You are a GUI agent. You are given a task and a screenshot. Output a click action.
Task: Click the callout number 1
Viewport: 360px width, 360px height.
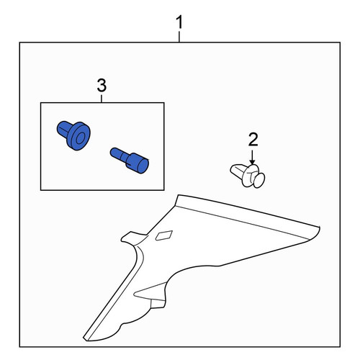coord(179,22)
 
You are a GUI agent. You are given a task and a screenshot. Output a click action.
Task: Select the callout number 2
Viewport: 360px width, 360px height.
coord(253,140)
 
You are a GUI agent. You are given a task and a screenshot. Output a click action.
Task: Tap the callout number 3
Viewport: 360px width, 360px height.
coord(102,86)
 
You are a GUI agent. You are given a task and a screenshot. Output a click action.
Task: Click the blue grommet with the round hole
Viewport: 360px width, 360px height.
coord(73,135)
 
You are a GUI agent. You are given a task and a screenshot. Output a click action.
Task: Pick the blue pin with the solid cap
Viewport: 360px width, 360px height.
coord(130,160)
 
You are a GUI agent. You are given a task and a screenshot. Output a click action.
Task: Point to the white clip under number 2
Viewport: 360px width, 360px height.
coord(248,176)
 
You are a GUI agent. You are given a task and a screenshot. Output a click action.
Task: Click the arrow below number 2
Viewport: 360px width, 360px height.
coord(252,157)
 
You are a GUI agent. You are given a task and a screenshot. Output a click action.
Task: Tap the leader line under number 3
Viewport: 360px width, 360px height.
coord(102,99)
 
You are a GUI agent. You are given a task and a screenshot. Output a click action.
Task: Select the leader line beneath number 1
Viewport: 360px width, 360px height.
coord(179,37)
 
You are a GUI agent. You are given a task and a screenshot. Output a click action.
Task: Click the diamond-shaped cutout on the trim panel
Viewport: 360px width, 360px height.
coord(164,235)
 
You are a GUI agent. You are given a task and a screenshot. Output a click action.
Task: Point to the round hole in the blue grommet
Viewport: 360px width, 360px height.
coord(80,138)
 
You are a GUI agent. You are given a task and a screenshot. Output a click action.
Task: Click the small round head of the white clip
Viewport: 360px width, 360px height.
coord(259,180)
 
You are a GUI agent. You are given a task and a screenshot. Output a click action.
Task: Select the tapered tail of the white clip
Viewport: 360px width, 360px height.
coord(236,170)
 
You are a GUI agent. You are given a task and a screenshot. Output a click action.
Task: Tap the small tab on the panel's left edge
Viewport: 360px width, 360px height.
coord(130,237)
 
